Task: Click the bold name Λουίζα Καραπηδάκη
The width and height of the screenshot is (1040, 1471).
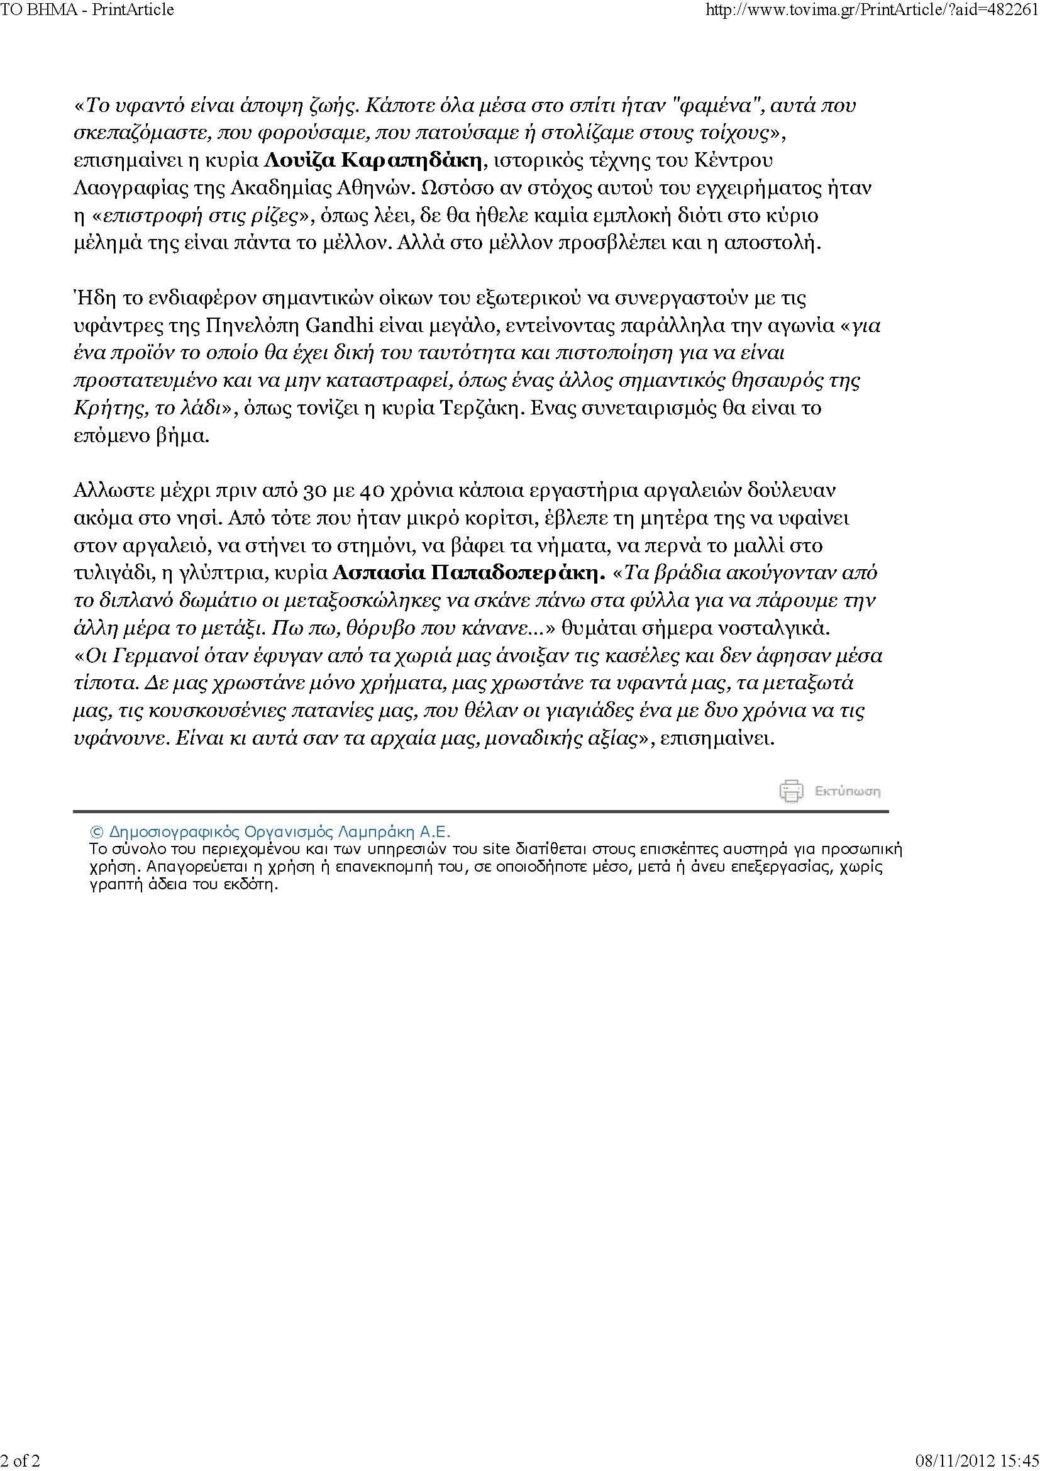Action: pos(373,160)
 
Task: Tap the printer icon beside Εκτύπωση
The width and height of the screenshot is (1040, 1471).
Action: pos(791,791)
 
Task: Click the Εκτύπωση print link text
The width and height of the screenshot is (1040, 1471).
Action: pos(847,791)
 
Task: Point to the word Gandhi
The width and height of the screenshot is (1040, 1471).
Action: pos(331,326)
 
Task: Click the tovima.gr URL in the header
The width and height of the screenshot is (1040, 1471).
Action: pos(871,9)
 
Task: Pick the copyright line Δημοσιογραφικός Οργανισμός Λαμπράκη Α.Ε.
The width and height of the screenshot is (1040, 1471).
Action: pos(272,831)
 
